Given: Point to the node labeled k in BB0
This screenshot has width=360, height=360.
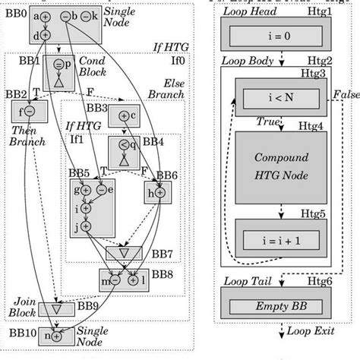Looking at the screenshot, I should [87, 16].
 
